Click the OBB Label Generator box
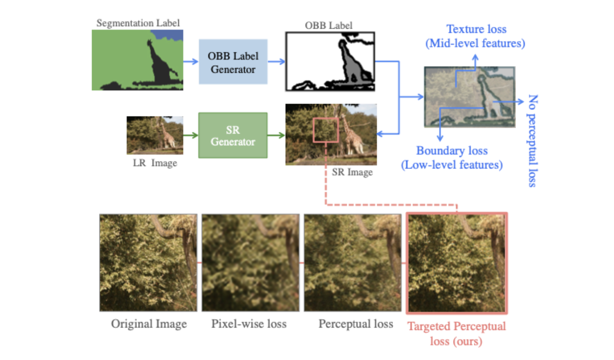[x=233, y=62]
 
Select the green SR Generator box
[x=233, y=135]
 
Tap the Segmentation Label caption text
[x=138, y=23]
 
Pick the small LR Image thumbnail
[x=155, y=135]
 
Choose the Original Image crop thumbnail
[x=148, y=262]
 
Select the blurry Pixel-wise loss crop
[x=251, y=262]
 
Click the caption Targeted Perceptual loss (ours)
[x=456, y=334]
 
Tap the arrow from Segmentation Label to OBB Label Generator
[x=190, y=61]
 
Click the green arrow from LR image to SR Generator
[x=190, y=135]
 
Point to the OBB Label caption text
[x=328, y=25]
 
